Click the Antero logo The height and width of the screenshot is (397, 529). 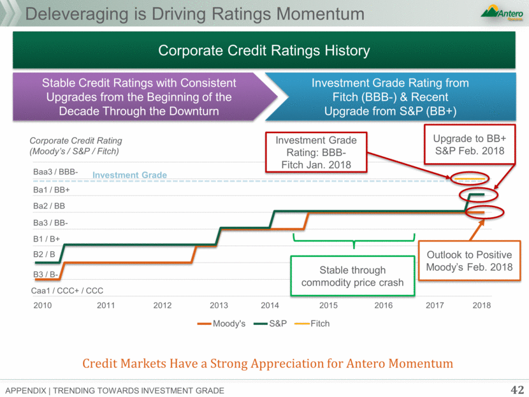502,13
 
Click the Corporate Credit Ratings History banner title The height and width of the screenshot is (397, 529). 264,50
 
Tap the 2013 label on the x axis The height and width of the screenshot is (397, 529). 219,305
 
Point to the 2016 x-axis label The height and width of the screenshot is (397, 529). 383,305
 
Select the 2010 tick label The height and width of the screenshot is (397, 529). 43,305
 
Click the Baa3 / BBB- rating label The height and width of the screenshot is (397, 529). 55,171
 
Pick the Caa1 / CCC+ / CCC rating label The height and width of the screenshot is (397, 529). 67,291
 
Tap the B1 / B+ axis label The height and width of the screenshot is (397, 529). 47,239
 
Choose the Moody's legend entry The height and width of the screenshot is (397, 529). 221,324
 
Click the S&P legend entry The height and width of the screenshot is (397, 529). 270,324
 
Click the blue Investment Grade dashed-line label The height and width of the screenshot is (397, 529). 129,175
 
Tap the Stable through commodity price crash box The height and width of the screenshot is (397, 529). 352,276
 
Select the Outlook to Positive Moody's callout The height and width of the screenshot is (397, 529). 469,261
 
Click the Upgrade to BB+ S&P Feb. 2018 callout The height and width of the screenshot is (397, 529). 470,145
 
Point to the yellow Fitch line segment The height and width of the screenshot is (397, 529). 470,178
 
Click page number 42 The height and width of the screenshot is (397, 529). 517,390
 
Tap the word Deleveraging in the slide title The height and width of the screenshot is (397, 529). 76,14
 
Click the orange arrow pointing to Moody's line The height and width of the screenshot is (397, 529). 477,229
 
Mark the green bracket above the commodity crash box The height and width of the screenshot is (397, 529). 354,241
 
